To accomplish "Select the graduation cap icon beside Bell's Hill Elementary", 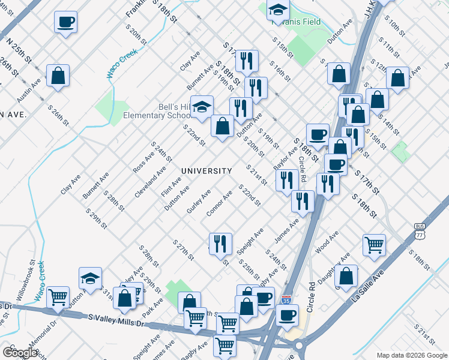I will [202, 106].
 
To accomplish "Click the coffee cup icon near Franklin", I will [65, 23].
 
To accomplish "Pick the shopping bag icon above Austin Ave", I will [58, 76].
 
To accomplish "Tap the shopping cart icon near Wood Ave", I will [374, 244].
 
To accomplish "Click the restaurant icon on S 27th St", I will [220, 243].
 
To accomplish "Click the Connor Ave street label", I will [219, 205].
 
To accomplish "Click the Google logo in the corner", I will [20, 352].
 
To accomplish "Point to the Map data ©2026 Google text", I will [412, 355].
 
